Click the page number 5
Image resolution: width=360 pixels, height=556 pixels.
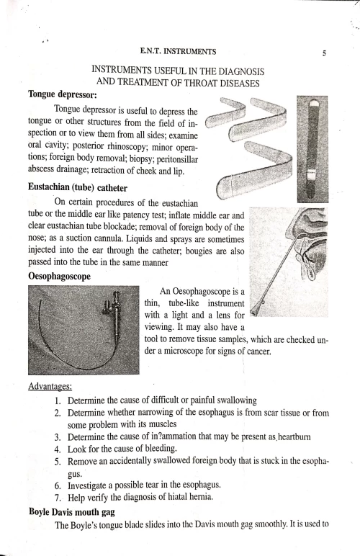(324, 53)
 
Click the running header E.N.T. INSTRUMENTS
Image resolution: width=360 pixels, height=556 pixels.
(178, 52)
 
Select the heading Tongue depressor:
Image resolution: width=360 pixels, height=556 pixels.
(63, 94)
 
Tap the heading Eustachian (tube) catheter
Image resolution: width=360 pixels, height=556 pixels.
(78, 188)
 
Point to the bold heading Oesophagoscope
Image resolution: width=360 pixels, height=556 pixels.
(59, 277)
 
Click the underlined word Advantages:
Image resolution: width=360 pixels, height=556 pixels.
(50, 386)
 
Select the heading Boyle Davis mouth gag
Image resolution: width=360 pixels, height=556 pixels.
(72, 512)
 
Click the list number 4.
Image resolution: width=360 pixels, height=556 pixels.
(58, 449)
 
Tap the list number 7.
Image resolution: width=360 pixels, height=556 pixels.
(58, 498)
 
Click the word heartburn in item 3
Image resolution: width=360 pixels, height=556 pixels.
(294, 436)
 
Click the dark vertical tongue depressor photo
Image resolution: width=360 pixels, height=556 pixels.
(312, 149)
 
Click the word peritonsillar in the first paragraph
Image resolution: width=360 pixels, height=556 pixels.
(177, 159)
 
